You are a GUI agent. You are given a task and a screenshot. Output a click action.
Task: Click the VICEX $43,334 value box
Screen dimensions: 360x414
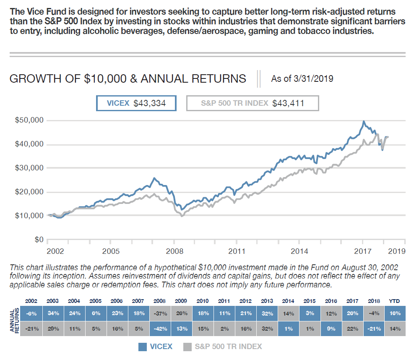pyautogui.click(x=136, y=103)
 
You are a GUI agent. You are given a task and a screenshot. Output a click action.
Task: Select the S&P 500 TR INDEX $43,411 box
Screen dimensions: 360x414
pyautogui.click(x=253, y=103)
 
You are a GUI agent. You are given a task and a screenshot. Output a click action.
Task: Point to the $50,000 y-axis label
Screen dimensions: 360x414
pyautogui.click(x=29, y=120)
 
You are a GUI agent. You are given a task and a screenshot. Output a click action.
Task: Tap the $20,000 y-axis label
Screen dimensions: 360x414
pyautogui.click(x=29, y=192)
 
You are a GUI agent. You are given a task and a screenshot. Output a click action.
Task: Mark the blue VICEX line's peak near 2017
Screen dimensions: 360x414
pyautogui.click(x=364, y=122)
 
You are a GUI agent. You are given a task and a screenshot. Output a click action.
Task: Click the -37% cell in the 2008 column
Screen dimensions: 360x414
pyautogui.click(x=159, y=313)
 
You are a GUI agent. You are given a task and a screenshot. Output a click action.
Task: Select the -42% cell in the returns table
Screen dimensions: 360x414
pyautogui.click(x=159, y=329)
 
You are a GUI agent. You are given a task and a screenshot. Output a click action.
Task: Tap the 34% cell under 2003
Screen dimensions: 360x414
pyautogui.click(x=52, y=313)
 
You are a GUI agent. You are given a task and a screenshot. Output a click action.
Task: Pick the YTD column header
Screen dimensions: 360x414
pyautogui.click(x=395, y=301)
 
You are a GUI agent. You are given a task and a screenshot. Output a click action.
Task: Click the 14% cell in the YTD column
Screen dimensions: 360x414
pyautogui.click(x=395, y=329)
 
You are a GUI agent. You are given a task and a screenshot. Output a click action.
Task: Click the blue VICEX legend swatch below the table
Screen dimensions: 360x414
pyautogui.click(x=142, y=347)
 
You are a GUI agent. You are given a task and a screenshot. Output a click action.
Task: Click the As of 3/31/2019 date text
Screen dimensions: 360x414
pyautogui.click(x=302, y=78)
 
